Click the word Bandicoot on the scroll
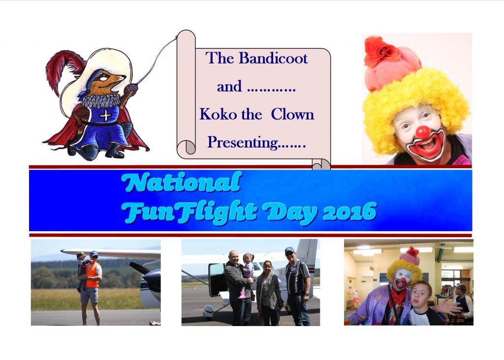273,58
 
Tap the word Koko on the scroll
218,114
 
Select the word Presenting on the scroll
242,142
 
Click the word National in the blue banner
182,182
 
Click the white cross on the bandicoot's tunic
105,115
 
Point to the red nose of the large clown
423,132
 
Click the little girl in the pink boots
247,274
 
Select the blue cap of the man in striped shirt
289,249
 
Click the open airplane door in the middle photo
217,279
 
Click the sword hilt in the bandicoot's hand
131,88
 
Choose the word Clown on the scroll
292,114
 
